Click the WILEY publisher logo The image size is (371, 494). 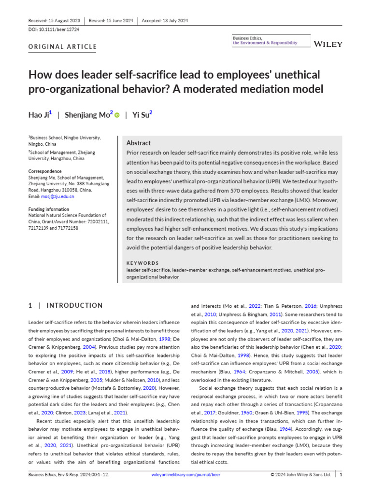click(328, 44)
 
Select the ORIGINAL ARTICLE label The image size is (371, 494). click(62, 47)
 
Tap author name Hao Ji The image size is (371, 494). click(39, 115)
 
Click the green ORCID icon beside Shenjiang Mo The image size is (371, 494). click(117, 115)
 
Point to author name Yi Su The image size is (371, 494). click(142, 115)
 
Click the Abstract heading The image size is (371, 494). click(138, 143)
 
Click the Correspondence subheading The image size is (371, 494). click(44, 171)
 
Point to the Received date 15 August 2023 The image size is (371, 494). click(54, 20)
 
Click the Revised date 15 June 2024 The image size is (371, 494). click(111, 20)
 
